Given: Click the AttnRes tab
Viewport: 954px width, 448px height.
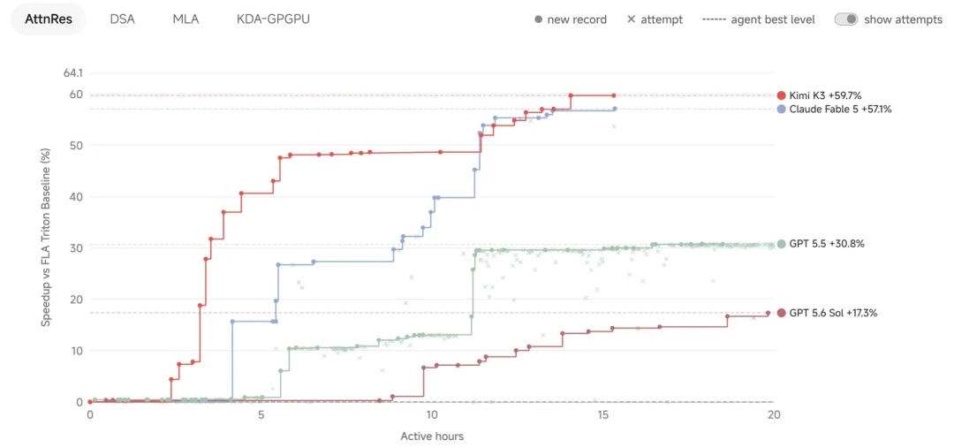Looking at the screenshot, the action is tap(49, 19).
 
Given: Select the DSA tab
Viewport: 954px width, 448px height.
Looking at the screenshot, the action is tap(122, 19).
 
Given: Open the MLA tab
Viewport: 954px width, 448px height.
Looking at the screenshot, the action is tap(185, 19).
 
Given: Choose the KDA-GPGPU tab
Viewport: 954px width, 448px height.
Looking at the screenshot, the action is tap(273, 19).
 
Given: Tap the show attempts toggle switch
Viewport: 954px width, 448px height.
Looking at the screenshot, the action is tap(845, 19).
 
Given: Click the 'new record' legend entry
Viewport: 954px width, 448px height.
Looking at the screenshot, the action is tap(570, 19).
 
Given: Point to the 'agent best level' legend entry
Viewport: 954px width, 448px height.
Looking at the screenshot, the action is tap(758, 19).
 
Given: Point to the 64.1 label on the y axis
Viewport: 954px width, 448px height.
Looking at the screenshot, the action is tap(72, 73).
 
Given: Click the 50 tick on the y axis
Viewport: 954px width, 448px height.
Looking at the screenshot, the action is tap(77, 146).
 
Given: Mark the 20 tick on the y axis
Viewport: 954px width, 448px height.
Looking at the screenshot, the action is tap(77, 300).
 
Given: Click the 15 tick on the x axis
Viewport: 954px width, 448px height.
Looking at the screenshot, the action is tap(603, 414).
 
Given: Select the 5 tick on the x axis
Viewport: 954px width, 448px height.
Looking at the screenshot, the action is tap(261, 414).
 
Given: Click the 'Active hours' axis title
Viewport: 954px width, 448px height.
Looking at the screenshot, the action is tap(432, 436).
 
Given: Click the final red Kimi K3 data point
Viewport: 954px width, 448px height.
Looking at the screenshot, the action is tap(614, 95).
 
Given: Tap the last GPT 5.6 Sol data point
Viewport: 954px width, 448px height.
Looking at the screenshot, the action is tap(768, 313).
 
